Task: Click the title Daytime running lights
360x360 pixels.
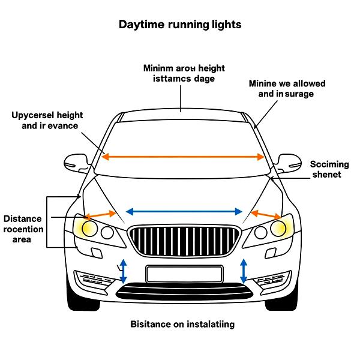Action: (180, 25)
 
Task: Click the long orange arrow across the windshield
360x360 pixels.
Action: (183, 157)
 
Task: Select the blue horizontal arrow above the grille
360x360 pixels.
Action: (184, 211)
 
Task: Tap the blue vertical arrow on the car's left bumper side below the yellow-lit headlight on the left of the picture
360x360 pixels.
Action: (123, 271)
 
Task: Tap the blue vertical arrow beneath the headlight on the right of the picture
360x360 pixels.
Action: (244, 271)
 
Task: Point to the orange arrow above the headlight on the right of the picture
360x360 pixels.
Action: (266, 214)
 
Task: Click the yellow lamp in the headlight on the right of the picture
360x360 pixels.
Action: (278, 228)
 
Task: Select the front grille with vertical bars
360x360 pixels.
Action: (184, 241)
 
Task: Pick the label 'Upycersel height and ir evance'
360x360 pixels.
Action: (47, 120)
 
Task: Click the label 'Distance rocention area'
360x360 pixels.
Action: (23, 229)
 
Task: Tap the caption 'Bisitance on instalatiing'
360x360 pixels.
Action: (182, 324)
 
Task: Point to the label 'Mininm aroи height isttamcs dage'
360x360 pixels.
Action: (184, 73)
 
